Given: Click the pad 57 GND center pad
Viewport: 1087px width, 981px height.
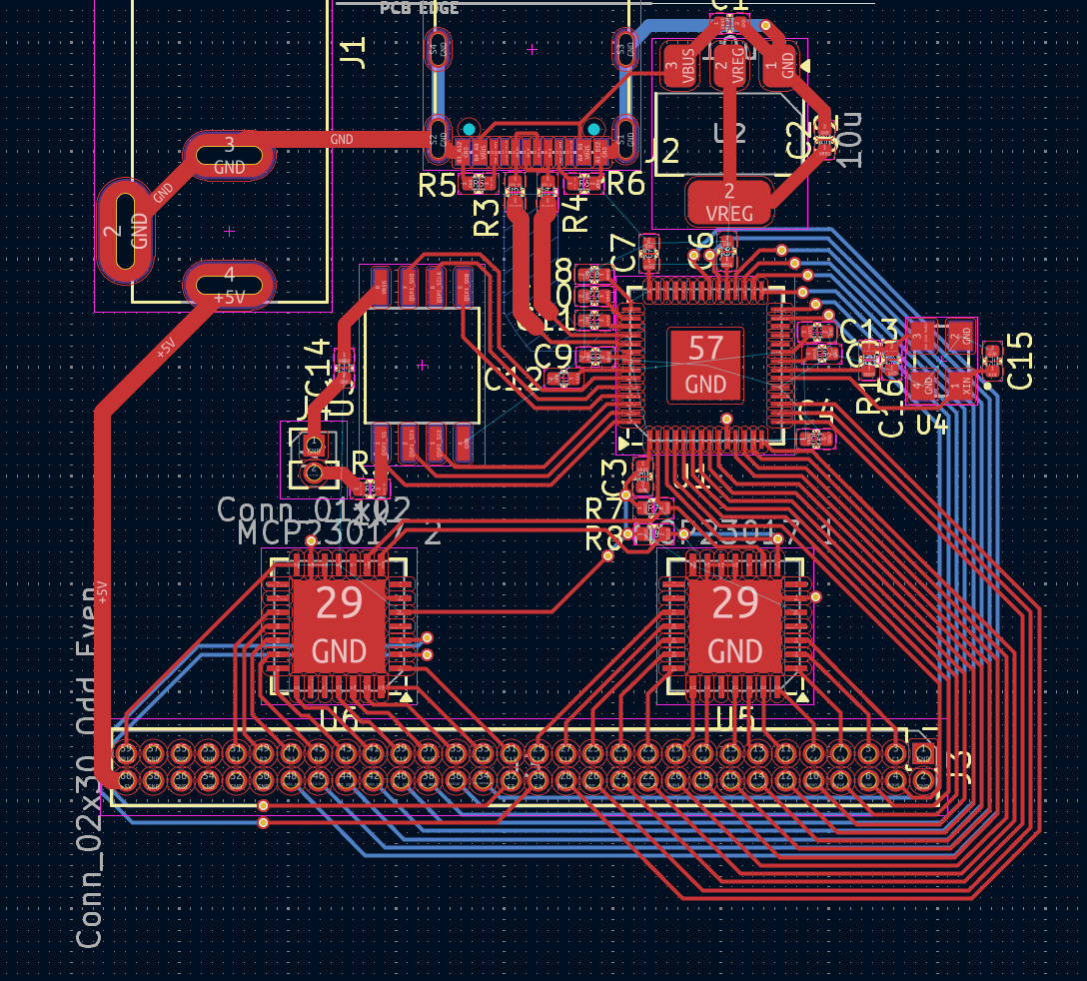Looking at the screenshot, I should (x=705, y=364).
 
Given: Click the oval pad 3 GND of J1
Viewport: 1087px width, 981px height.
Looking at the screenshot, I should (x=229, y=156).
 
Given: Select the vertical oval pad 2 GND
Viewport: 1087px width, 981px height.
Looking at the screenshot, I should (x=126, y=231).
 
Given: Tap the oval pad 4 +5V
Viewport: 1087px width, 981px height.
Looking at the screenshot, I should (x=229, y=284).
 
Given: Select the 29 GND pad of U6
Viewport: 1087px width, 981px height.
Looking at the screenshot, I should (x=339, y=626).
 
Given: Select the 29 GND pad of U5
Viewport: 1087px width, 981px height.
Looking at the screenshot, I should (x=734, y=626).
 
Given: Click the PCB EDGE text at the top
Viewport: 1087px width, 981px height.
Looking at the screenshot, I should (x=420, y=8).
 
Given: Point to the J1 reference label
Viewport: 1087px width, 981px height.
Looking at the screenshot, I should (x=354, y=50).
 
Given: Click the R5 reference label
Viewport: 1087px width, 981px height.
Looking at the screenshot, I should (x=438, y=184).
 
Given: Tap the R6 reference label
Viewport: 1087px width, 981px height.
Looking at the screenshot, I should (x=625, y=183).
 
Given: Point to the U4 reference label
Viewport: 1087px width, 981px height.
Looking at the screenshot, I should (x=931, y=424).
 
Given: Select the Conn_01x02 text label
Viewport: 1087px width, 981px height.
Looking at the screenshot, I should (x=314, y=508).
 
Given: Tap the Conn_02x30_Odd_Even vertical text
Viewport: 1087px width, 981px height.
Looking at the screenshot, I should (x=90, y=765).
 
